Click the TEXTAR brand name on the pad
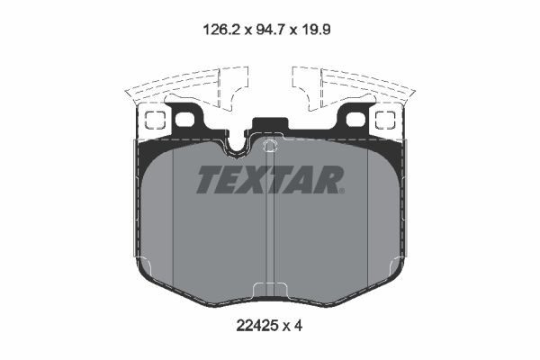pos(270,180)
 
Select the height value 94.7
pos(269,29)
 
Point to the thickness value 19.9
pos(323,29)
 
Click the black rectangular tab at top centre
pos(269,127)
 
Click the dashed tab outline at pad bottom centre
pos(270,289)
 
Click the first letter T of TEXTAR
pos(209,180)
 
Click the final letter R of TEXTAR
pos(329,180)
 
